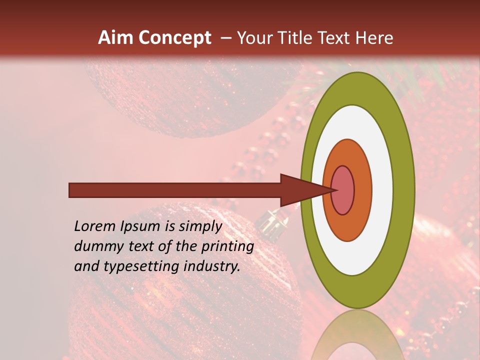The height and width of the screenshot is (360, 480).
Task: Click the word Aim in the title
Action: tap(116, 38)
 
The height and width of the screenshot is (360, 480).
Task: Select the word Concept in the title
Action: tap(175, 38)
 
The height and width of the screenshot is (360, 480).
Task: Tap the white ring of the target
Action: tap(382, 190)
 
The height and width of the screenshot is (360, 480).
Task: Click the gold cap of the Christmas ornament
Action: tap(272, 221)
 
